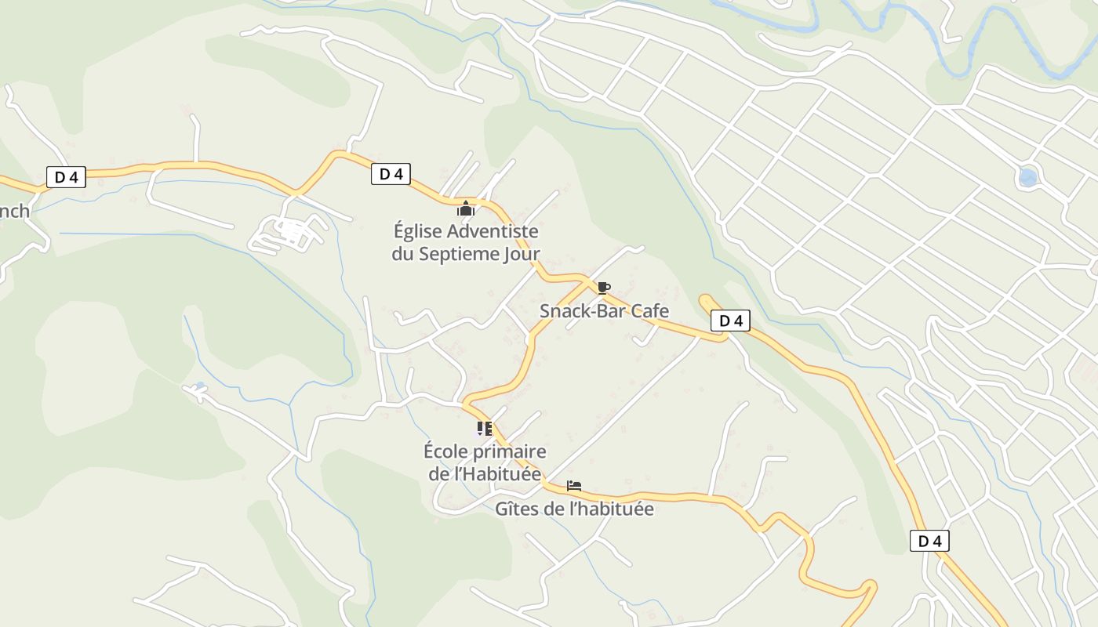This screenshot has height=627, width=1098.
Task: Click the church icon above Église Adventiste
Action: tap(466, 208)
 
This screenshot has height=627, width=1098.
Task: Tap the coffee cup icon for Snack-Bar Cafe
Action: tap(603, 288)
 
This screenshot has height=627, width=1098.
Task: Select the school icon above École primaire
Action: tap(484, 429)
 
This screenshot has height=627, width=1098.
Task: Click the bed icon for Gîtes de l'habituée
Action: tap(574, 486)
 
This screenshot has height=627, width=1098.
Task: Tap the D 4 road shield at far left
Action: tap(66, 177)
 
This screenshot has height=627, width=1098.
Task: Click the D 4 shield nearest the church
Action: tap(391, 174)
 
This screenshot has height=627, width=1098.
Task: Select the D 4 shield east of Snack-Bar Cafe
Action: tap(730, 320)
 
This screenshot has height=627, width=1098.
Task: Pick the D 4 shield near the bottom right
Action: tap(929, 541)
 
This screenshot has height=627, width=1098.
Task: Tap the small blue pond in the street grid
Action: tap(1027, 177)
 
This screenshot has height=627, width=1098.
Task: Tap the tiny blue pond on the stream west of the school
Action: tap(200, 386)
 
